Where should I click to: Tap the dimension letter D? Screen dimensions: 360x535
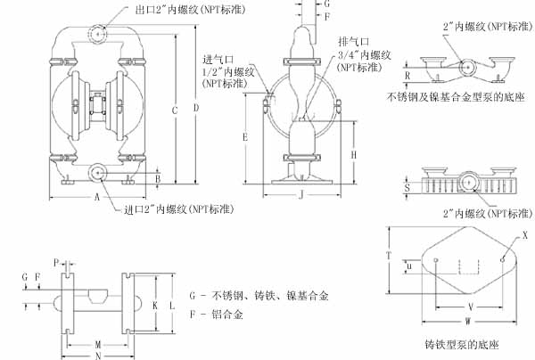[x=196, y=108]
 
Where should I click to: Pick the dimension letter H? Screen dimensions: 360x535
[x=355, y=154]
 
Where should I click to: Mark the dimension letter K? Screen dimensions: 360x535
[x=154, y=305]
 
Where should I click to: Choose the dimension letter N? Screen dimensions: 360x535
[x=96, y=354]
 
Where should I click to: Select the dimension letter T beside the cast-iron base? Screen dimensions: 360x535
[x=390, y=254]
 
